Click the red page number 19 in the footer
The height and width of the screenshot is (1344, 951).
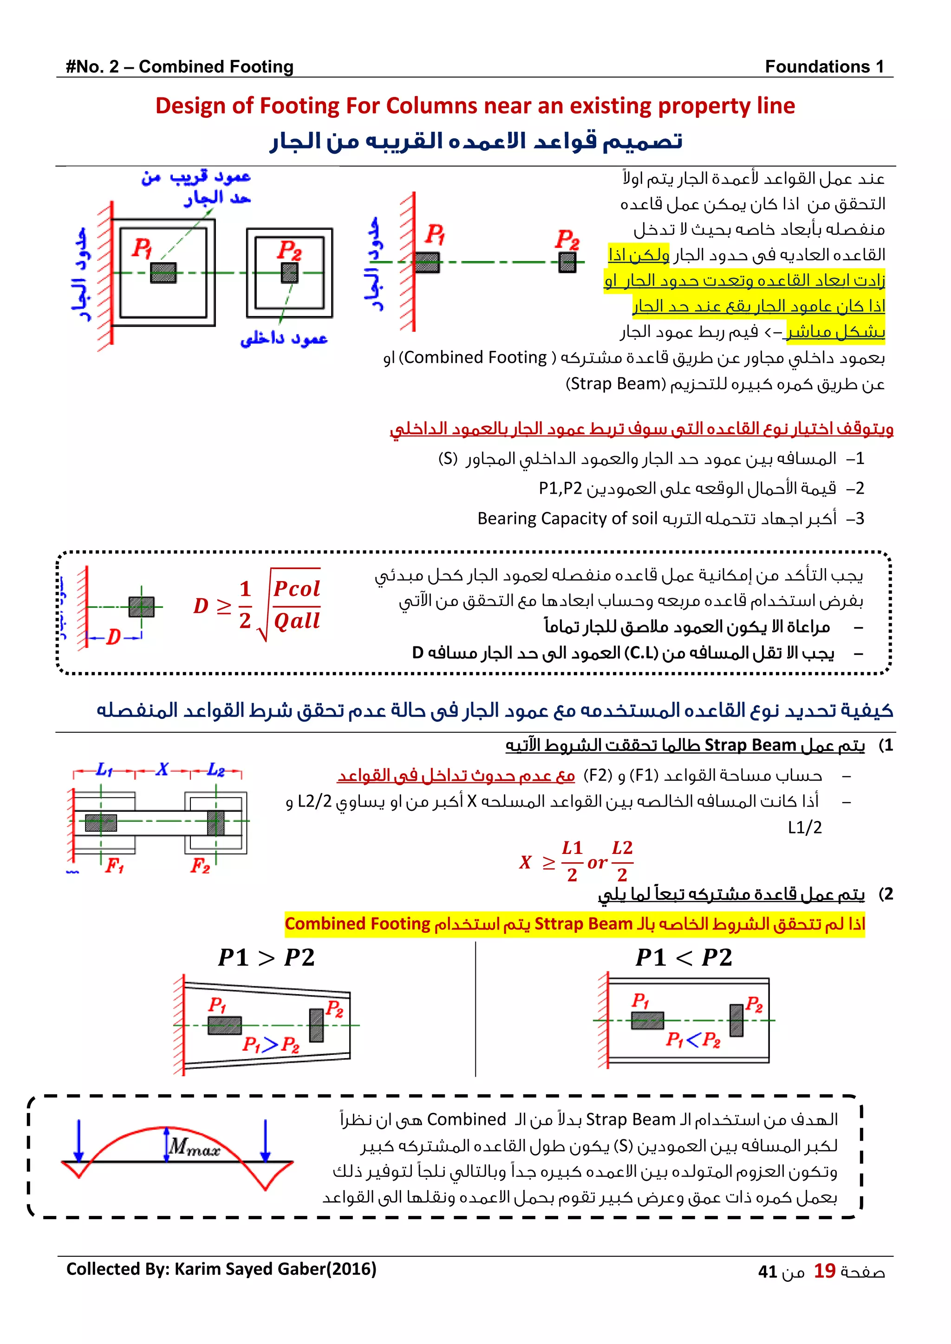(x=825, y=1270)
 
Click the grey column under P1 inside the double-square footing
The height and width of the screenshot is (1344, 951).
(x=163, y=273)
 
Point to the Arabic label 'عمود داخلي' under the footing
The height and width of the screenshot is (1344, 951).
(x=284, y=338)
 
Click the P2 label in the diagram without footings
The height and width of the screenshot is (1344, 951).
(x=567, y=239)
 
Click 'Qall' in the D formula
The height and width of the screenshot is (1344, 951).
(x=297, y=620)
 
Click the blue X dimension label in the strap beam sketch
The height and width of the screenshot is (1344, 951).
(x=162, y=769)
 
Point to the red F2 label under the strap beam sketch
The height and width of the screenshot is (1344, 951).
(x=200, y=866)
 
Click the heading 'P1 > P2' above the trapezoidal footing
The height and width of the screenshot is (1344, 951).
(x=267, y=958)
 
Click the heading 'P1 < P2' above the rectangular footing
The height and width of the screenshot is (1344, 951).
(x=684, y=958)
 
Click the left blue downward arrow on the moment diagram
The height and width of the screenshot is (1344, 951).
(x=79, y=1140)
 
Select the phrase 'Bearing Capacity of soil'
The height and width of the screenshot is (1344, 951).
(x=567, y=519)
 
